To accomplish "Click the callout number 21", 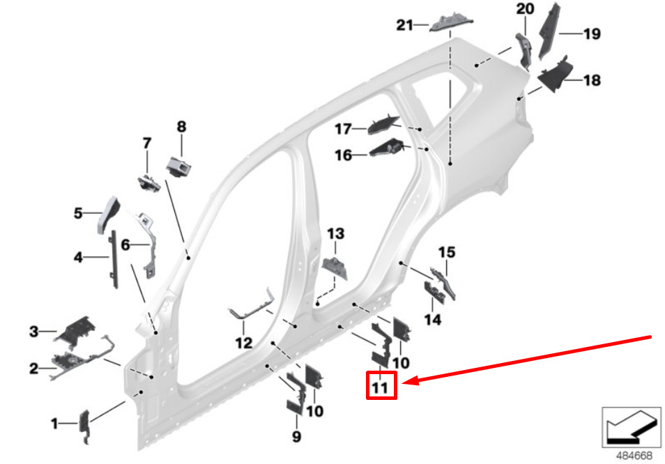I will point(405,26).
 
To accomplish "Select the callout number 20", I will point(525,10).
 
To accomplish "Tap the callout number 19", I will point(591,33).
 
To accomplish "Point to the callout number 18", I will point(591,81).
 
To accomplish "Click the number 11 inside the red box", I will point(381,385).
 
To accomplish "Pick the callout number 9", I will point(296,437).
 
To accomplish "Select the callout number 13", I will point(336,233).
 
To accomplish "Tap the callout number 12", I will point(243,343).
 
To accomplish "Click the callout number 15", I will point(446,252).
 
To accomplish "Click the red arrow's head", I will point(406,381).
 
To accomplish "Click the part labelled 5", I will point(109,210).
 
